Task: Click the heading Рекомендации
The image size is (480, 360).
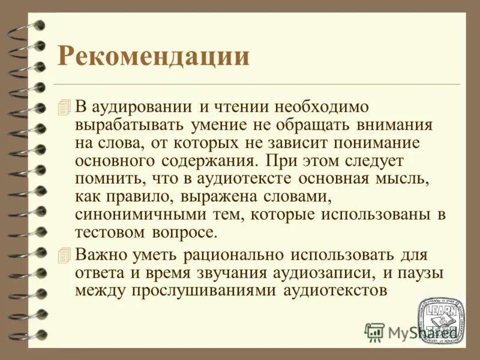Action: coord(153,57)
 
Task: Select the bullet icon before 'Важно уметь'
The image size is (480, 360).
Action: coord(65,254)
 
